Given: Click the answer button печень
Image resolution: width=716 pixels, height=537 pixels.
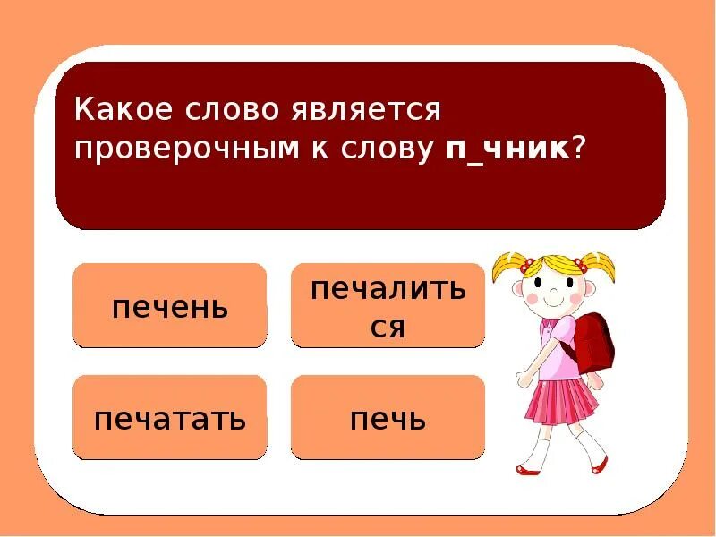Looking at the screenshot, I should (x=169, y=306).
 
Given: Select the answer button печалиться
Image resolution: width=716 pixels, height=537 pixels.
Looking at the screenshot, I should (x=388, y=306).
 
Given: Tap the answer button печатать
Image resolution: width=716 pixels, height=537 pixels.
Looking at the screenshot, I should (x=169, y=418).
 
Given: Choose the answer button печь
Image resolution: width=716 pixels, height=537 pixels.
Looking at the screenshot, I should (x=388, y=418).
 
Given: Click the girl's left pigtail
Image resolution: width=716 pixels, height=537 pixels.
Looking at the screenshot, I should (x=507, y=265).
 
